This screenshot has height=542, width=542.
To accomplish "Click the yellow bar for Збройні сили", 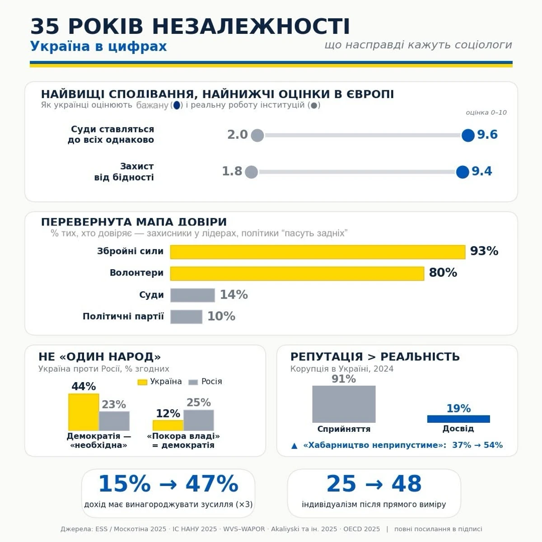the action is [x=318, y=252].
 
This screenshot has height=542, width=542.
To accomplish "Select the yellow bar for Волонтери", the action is [x=297, y=273].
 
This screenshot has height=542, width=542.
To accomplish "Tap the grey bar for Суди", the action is [x=192, y=295].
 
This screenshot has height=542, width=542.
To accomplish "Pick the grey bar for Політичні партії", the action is [x=186, y=317].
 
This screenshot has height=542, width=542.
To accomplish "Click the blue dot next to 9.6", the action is [x=468, y=135].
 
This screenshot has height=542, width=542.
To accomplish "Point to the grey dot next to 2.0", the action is [x=257, y=135].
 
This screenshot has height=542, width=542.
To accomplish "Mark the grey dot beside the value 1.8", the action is [x=252, y=172].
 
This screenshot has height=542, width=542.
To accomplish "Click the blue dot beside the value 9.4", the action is [x=463, y=172].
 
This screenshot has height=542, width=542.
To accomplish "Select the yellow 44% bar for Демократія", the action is [x=84, y=412].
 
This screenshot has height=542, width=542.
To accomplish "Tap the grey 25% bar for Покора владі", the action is [x=199, y=420].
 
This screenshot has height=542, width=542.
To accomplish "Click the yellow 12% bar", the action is [x=168, y=425].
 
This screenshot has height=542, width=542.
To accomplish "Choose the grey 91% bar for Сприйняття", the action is [x=344, y=404].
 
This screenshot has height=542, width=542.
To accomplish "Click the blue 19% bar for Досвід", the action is [x=458, y=419].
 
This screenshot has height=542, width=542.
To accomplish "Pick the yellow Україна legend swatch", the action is [x=142, y=382].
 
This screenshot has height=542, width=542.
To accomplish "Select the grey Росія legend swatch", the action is [x=193, y=382].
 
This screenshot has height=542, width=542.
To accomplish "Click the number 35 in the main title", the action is [x=45, y=27].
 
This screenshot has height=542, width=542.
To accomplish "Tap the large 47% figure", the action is [x=212, y=483].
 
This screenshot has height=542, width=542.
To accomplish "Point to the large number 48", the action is [x=406, y=483].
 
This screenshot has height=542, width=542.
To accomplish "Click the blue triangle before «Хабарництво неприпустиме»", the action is [x=294, y=446].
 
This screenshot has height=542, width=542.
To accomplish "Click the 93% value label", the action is [x=484, y=251].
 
